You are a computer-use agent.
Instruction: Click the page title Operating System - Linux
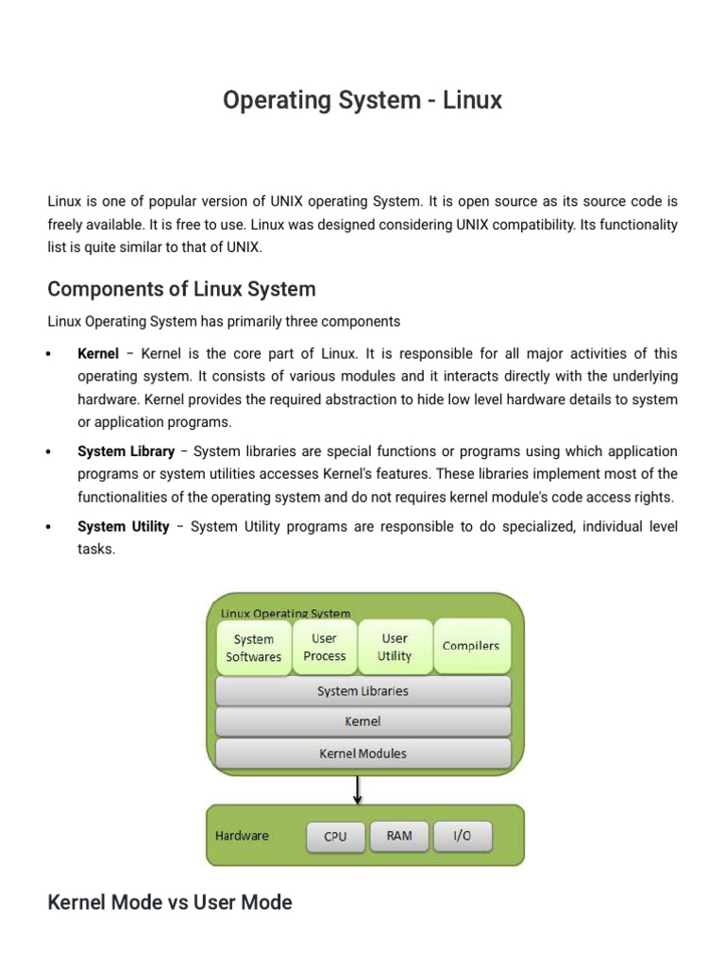tap(362, 100)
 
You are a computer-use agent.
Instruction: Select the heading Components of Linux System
tap(181, 289)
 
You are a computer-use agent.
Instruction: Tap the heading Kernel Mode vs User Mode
tap(170, 902)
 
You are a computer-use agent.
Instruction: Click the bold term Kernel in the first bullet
tap(98, 354)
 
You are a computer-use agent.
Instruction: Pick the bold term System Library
tap(126, 451)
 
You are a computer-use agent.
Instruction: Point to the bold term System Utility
tap(124, 527)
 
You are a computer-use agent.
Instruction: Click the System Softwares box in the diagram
tap(254, 647)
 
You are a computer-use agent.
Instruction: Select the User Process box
tap(325, 647)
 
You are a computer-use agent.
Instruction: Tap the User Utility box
tap(395, 647)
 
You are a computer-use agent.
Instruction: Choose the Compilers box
tap(471, 646)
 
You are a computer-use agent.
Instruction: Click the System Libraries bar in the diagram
tap(363, 691)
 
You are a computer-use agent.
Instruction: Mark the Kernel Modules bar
tap(363, 754)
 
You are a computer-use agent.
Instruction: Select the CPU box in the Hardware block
tap(335, 837)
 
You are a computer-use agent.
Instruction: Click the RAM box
tap(399, 836)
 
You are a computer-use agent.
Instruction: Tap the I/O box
tap(462, 836)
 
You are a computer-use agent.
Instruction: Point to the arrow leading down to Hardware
tap(358, 789)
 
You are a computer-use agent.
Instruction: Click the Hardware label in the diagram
tap(243, 836)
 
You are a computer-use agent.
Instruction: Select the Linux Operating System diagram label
tap(285, 614)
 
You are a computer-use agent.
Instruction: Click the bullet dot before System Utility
tap(48, 527)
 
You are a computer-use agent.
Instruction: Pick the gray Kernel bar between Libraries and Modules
tap(363, 721)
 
